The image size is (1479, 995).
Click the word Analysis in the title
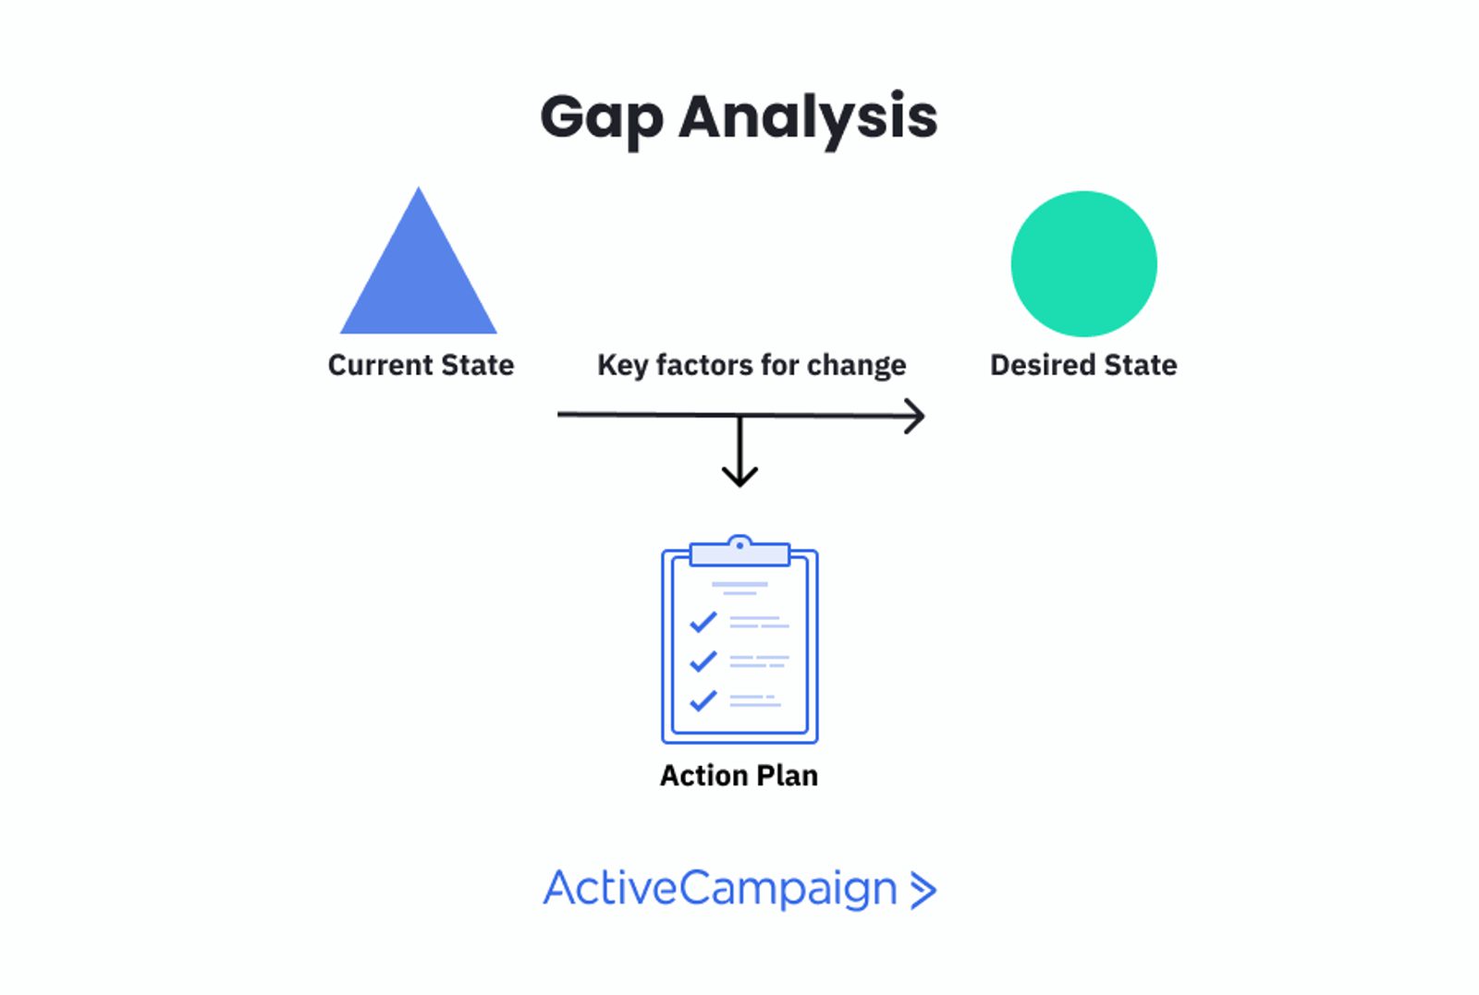pyautogui.click(x=808, y=119)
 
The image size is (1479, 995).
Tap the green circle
pyautogui.click(x=1083, y=264)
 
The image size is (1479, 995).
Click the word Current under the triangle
pyautogui.click(x=380, y=365)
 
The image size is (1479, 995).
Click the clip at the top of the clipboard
pyautogui.click(x=739, y=552)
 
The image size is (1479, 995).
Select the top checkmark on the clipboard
pyautogui.click(x=703, y=622)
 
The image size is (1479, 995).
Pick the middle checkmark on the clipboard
pyautogui.click(x=703, y=661)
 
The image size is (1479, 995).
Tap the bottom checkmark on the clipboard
pyautogui.click(x=703, y=700)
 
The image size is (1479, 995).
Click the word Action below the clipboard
pyautogui.click(x=703, y=776)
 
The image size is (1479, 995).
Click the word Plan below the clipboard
pyautogui.click(x=788, y=776)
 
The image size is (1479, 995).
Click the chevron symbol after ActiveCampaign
pyautogui.click(x=923, y=891)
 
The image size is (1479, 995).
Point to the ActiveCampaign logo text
pyautogui.click(x=720, y=890)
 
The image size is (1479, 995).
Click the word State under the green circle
pyautogui.click(x=1140, y=365)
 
